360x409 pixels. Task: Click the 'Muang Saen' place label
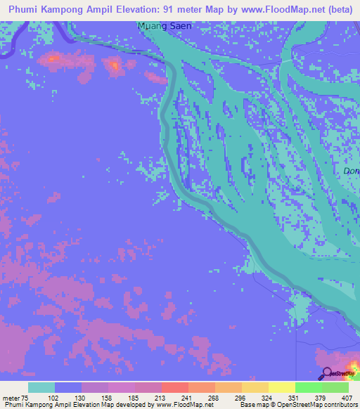point(165,26)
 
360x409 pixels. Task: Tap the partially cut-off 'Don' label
point(351,171)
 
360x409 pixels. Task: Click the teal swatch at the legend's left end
point(41,387)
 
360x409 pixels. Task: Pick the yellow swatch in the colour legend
point(282,387)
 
